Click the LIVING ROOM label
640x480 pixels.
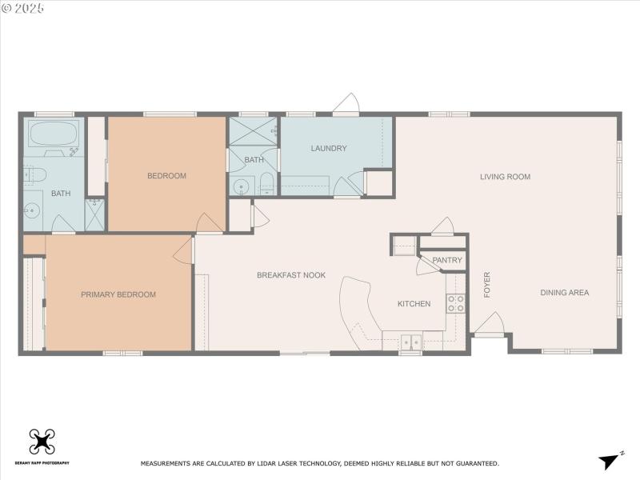[x=505, y=177]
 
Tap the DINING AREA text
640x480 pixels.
[x=564, y=293]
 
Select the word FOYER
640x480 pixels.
[x=487, y=286]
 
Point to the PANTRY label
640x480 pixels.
[x=446, y=260]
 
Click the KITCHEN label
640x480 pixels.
[x=414, y=304]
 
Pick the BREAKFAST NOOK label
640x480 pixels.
[x=291, y=275]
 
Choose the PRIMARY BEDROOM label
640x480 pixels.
[x=118, y=294]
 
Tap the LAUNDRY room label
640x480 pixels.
[x=329, y=148]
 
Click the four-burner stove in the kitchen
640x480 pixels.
[x=455, y=303]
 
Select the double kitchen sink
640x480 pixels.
[x=410, y=342]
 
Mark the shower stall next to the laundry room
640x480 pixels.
[x=252, y=130]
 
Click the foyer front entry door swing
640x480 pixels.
[x=488, y=324]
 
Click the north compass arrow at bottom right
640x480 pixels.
[x=610, y=461]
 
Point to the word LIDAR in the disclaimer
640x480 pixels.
[x=254, y=463]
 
